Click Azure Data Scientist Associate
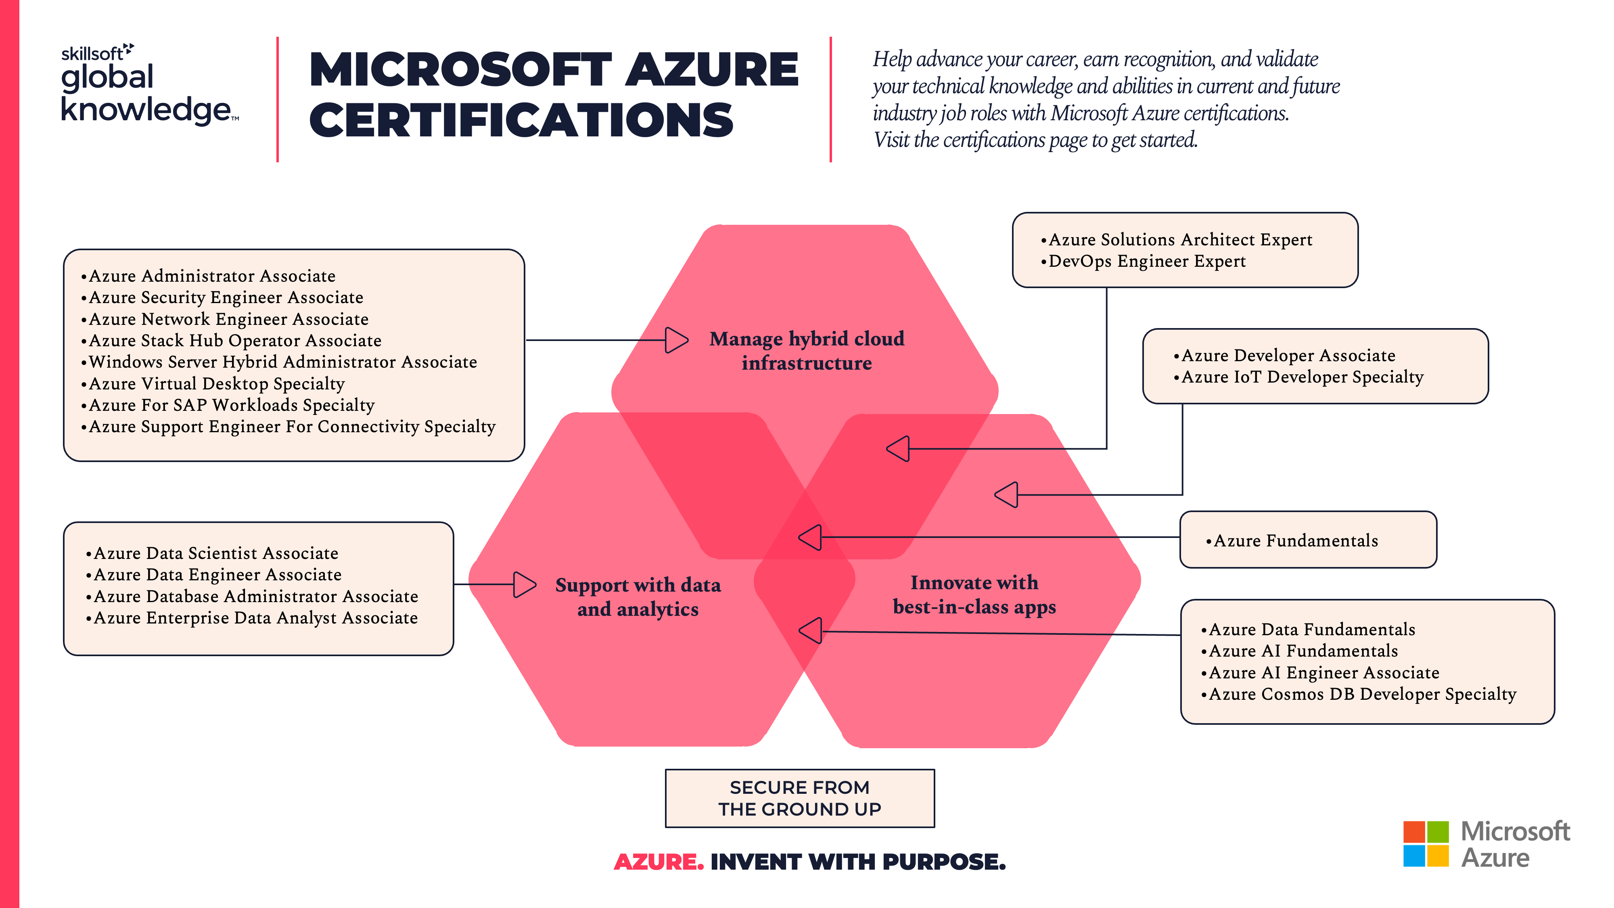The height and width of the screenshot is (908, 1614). coord(215,553)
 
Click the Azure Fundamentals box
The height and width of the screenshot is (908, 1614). coord(1308,540)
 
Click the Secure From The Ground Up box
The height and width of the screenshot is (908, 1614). coord(799,798)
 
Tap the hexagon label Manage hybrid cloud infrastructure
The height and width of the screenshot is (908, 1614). coord(806,351)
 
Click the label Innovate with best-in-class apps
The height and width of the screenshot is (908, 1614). coord(974,595)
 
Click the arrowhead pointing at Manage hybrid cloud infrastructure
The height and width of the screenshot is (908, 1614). coord(676,340)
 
